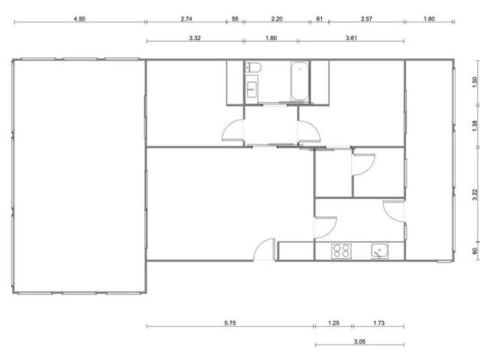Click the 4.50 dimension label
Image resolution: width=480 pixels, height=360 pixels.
coord(79,19)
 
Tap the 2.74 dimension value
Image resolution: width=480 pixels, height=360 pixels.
coord(186,19)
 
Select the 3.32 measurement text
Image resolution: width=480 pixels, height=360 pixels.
coord(195,38)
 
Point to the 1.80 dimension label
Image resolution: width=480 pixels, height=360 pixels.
coord(271,38)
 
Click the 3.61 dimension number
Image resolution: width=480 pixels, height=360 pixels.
coord(351,38)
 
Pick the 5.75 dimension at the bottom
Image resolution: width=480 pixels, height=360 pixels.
coord(230,323)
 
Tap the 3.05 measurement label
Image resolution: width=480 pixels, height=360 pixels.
coord(359,341)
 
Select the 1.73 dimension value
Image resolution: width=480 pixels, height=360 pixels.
coord(379,323)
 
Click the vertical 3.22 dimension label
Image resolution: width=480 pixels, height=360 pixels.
coord(475,195)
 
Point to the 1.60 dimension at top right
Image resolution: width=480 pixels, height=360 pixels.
coord(429,19)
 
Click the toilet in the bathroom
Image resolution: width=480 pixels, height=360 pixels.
coord(253,67)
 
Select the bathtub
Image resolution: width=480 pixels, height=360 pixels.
coord(299,81)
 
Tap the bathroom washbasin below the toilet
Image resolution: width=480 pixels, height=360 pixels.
coord(252,90)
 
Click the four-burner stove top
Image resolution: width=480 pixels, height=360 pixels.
coord(341,251)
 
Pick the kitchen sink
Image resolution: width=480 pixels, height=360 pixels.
coord(379,250)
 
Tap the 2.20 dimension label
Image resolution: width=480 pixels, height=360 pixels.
coord(277,19)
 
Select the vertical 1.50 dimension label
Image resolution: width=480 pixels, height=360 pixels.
coord(475,81)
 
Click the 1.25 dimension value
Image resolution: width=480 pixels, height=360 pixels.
coord(334,323)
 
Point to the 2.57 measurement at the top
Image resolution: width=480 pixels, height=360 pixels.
coord(366,19)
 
